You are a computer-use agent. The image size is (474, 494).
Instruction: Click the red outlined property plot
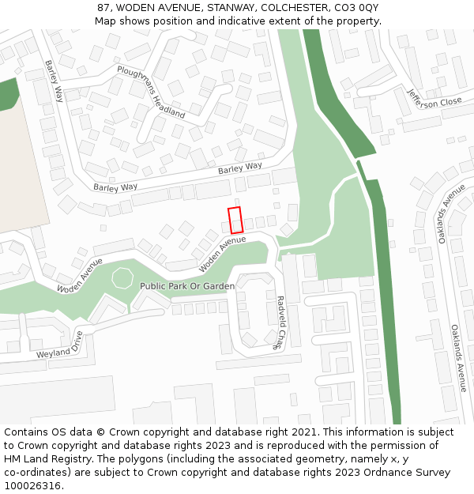tap(235, 220)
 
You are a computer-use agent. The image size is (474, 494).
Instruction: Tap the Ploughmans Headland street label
tap(151, 92)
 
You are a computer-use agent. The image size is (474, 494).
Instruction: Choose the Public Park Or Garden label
tap(187, 285)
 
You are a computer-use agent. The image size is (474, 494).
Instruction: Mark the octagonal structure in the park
tap(122, 277)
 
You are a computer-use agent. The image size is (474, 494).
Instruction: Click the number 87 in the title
tap(103, 8)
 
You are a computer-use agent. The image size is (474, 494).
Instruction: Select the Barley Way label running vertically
tap(54, 81)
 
